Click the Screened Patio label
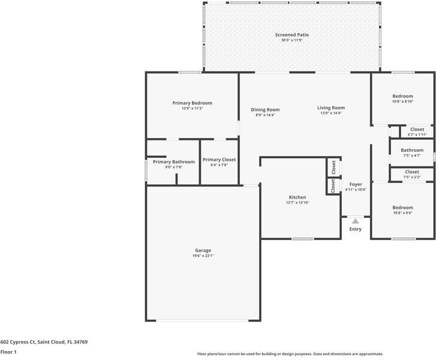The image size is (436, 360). pyautogui.click(x=292, y=35)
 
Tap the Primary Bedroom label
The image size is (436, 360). pyautogui.click(x=192, y=103)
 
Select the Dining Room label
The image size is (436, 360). pyautogui.click(x=265, y=110)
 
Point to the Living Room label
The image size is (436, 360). pyautogui.click(x=331, y=108)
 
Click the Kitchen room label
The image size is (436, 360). pyautogui.click(x=297, y=197)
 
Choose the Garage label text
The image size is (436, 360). pyautogui.click(x=203, y=250)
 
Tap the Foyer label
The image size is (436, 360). pyautogui.click(x=356, y=184)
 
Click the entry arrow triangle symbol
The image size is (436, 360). pyautogui.click(x=355, y=221)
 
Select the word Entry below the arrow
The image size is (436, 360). pyautogui.click(x=356, y=229)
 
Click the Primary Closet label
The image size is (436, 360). pyautogui.click(x=219, y=160)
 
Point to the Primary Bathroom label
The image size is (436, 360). pyautogui.click(x=173, y=162)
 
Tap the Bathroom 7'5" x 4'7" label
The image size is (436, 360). pyautogui.click(x=412, y=150)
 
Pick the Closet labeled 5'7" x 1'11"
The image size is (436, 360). pyautogui.click(x=417, y=130)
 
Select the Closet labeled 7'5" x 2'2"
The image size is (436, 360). pyautogui.click(x=412, y=172)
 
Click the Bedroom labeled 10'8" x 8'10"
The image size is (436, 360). pyautogui.click(x=402, y=96)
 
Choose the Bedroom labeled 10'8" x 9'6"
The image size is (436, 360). pyautogui.click(x=402, y=208)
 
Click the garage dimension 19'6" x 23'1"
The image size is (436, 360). pyautogui.click(x=203, y=256)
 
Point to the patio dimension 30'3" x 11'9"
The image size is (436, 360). pyautogui.click(x=292, y=40)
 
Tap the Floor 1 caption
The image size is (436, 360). pyautogui.click(x=8, y=352)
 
